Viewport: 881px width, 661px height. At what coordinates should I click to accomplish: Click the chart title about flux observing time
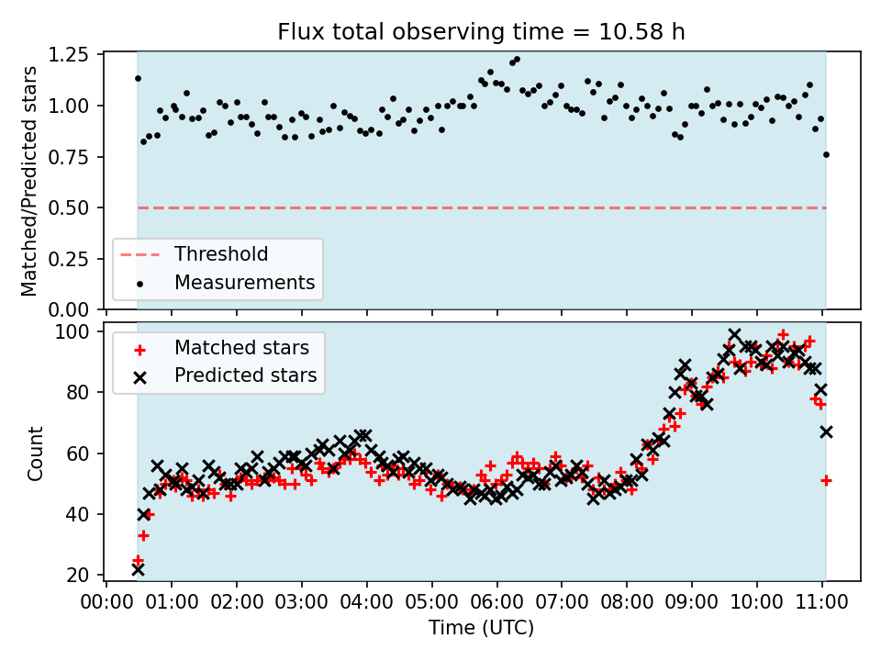[x=481, y=33]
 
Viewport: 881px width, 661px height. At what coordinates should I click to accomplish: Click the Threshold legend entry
[x=221, y=254]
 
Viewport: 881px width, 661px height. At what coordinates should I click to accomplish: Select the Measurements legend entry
[x=244, y=282]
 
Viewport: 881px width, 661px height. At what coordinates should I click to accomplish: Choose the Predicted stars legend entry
[x=245, y=375]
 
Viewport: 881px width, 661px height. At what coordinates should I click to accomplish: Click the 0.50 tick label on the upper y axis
[x=70, y=207]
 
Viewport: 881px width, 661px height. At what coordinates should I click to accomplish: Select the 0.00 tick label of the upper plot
[x=70, y=309]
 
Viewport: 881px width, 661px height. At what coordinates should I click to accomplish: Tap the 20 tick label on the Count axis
[x=80, y=576]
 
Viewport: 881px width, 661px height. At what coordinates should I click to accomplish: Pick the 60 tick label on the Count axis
[x=80, y=454]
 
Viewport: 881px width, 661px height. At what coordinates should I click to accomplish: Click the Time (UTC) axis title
[x=481, y=628]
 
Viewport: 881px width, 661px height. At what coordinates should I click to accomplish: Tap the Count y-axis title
[x=36, y=453]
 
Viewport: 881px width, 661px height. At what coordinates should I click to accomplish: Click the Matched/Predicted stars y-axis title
[x=29, y=181]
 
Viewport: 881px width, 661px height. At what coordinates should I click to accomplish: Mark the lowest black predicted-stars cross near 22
[x=138, y=569]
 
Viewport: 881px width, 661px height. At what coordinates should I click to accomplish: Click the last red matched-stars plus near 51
[x=826, y=480]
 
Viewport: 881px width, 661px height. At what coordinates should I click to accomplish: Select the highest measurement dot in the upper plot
[x=517, y=60]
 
